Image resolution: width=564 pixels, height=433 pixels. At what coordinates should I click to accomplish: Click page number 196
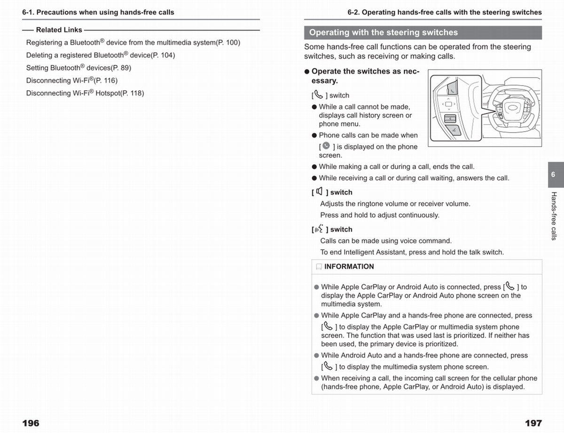point(31,423)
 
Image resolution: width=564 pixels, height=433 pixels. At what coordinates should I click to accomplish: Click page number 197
point(533,423)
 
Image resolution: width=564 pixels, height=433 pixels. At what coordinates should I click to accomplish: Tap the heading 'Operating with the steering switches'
point(383,32)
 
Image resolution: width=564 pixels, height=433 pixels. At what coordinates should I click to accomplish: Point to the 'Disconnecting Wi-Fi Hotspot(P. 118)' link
point(85,93)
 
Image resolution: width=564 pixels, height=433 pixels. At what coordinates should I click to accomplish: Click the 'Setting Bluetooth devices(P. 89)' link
point(78,68)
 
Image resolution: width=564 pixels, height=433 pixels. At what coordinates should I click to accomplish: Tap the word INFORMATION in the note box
point(349,267)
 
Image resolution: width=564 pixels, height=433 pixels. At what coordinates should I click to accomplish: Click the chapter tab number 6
point(553,174)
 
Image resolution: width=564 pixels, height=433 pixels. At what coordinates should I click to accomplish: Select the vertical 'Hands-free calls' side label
point(554,216)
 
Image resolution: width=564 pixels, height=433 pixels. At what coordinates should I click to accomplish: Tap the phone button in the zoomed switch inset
point(452,88)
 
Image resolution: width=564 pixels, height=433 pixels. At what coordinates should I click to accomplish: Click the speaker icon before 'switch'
point(320,191)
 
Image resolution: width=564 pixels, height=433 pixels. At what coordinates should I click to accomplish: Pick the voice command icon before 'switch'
point(319,229)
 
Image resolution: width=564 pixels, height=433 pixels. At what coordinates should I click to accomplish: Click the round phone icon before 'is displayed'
point(326,146)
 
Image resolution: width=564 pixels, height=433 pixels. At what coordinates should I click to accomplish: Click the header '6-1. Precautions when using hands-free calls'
point(98,12)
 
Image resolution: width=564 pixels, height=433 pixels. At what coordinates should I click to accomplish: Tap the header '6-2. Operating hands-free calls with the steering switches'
point(444,12)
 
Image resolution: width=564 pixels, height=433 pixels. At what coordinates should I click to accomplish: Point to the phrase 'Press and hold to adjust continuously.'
point(379,215)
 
